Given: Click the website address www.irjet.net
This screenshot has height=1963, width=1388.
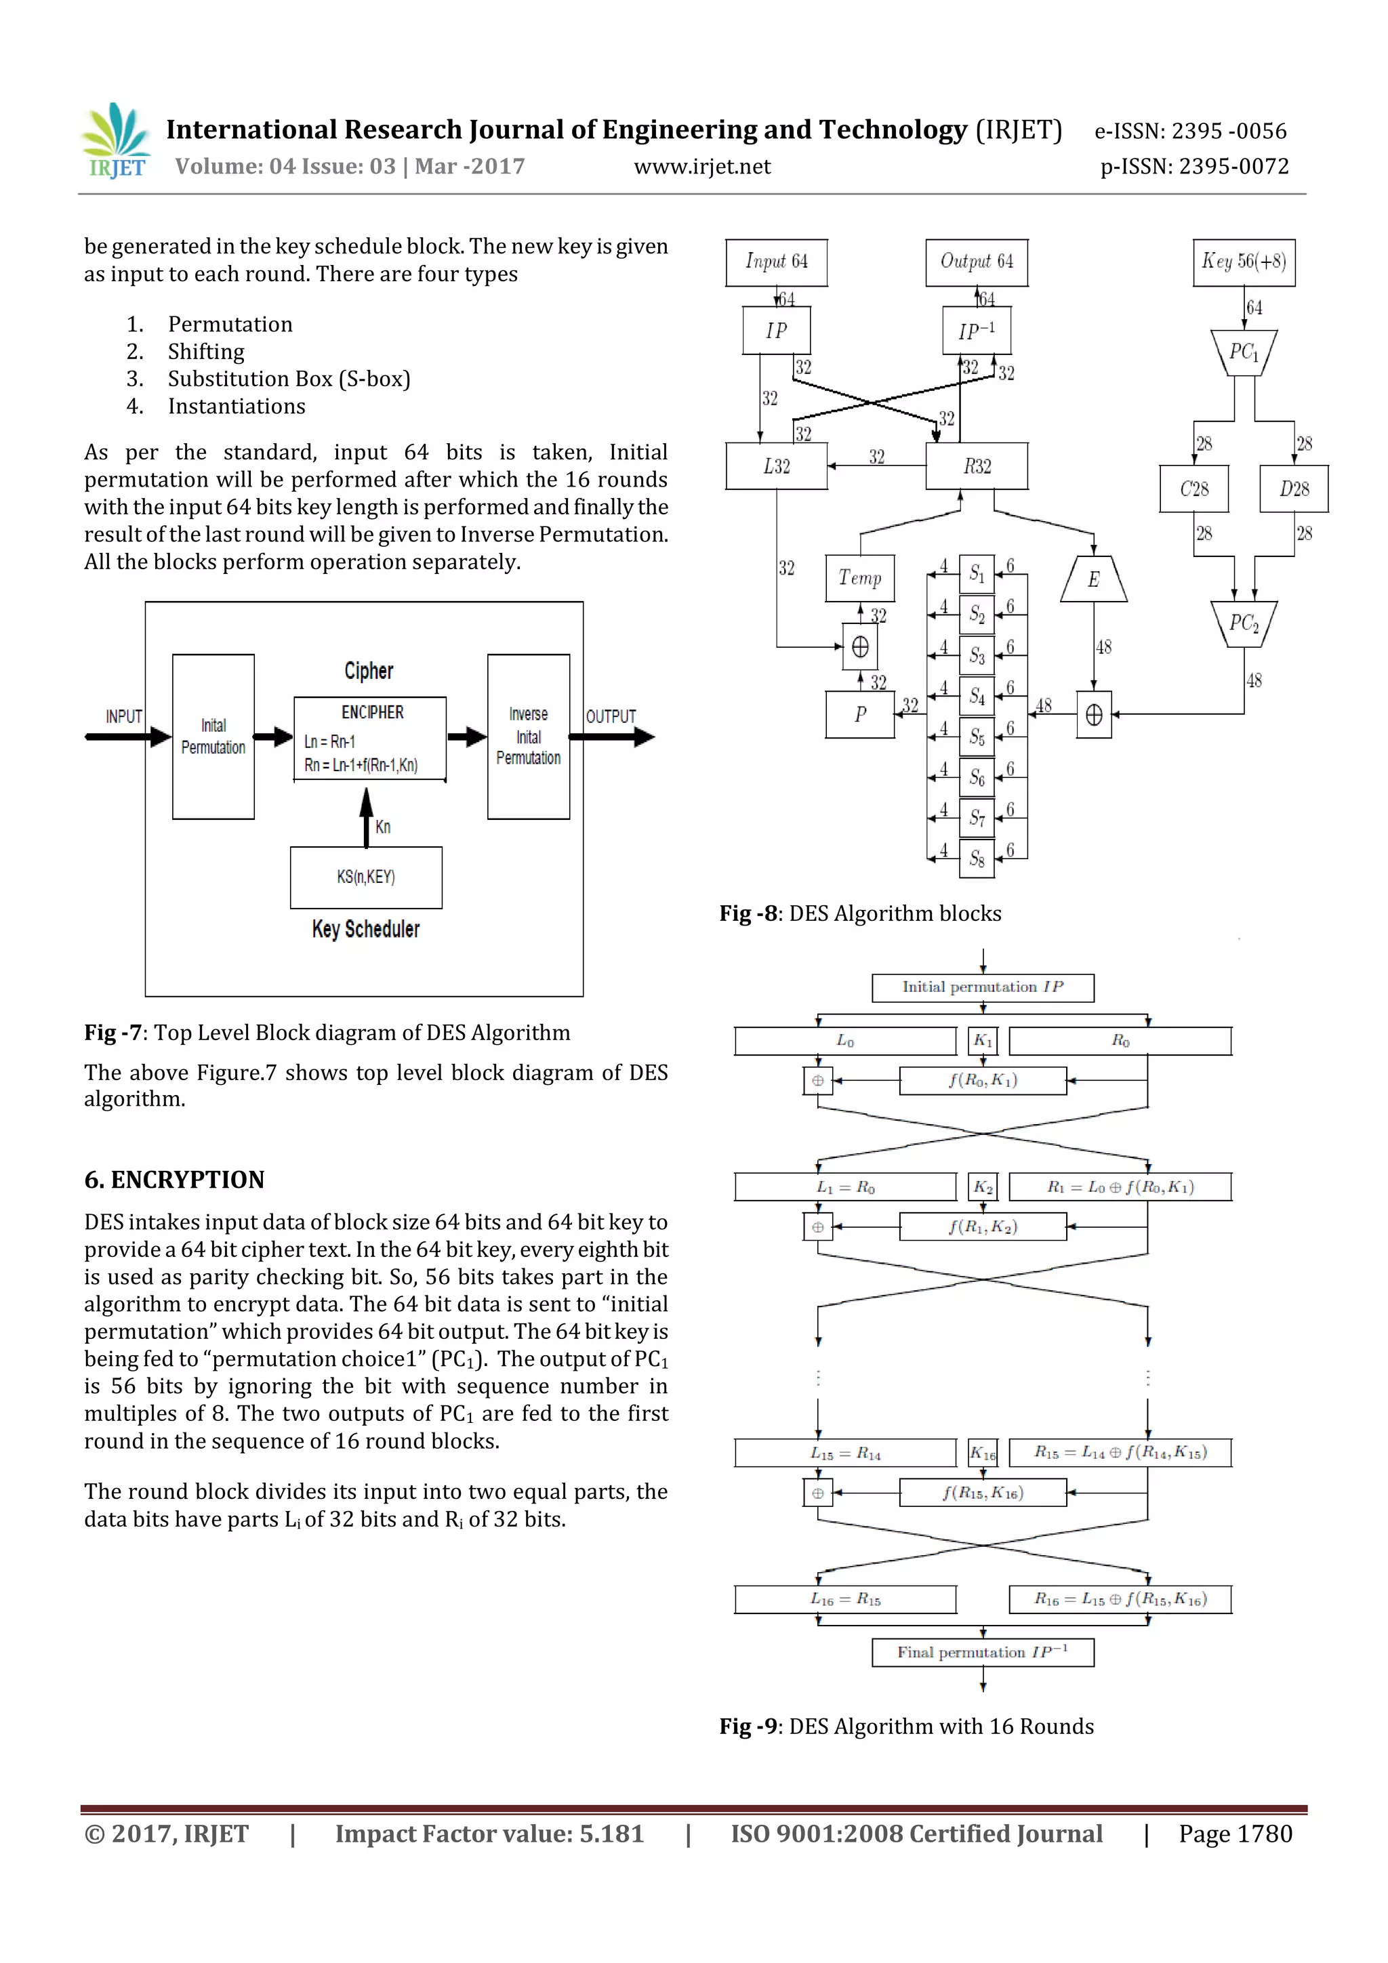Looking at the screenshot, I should (x=701, y=167).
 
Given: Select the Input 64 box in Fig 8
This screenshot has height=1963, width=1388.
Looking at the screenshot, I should (x=776, y=262).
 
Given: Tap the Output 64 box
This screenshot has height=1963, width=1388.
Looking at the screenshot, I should (x=976, y=262).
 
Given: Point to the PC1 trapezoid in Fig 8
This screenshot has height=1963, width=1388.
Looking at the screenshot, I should (x=1244, y=352).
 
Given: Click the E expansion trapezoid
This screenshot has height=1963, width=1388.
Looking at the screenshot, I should (x=1093, y=579).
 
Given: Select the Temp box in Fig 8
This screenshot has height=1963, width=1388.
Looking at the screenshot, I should (x=859, y=579).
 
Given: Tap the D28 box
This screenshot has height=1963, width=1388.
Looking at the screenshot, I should (x=1293, y=489).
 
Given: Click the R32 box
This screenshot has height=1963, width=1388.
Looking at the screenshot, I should (x=976, y=466).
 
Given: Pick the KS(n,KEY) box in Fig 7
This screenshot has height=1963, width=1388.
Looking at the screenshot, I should (x=366, y=877).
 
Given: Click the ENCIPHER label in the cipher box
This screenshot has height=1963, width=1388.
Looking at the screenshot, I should (x=372, y=712).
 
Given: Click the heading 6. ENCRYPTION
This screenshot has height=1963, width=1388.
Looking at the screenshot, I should (x=174, y=1180).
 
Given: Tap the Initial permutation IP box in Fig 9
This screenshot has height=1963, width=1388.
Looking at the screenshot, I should (x=982, y=987).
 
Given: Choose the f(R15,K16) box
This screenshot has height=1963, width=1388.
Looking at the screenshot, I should (x=982, y=1493).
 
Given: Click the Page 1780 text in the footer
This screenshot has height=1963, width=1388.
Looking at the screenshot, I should (x=1234, y=1834).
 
